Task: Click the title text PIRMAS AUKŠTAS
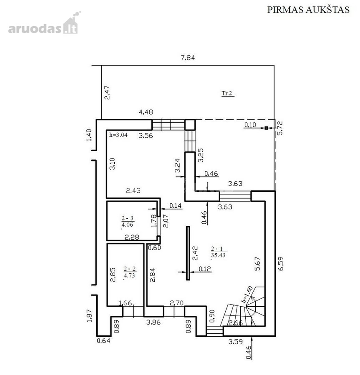pyautogui.click(x=308, y=10)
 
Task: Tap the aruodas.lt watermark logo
pyautogui.click(x=44, y=23)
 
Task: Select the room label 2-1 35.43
pyautogui.click(x=218, y=252)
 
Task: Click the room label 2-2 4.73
pyautogui.click(x=129, y=272)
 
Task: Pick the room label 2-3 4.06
pyautogui.click(x=127, y=222)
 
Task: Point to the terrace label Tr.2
pyautogui.click(x=227, y=93)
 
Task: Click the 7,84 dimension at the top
pyautogui.click(x=188, y=57)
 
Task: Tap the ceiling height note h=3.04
pyautogui.click(x=118, y=135)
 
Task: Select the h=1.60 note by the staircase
pyautogui.click(x=247, y=295)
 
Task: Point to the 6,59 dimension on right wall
pyautogui.click(x=281, y=263)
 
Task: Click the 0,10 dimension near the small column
pyautogui.click(x=250, y=125)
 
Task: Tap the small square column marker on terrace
pyautogui.click(x=266, y=128)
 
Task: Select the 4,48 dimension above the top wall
pyautogui.click(x=146, y=112)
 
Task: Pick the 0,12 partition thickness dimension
pyautogui.click(x=205, y=269)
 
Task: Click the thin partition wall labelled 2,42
pyautogui.click(x=188, y=253)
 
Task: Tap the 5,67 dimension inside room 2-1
pyautogui.click(x=257, y=264)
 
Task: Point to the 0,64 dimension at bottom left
pyautogui.click(x=103, y=340)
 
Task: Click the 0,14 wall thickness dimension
pyautogui.click(x=176, y=206)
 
